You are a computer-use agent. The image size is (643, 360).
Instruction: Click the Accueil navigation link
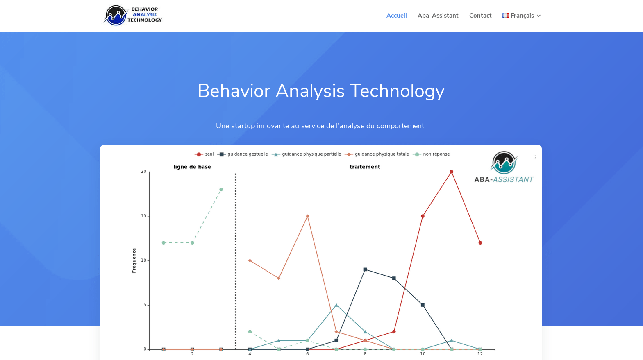(396, 16)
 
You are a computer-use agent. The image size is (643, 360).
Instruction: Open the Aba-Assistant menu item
(438, 16)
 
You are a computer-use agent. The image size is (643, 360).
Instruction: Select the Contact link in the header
(480, 16)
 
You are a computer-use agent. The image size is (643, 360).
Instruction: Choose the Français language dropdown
(522, 16)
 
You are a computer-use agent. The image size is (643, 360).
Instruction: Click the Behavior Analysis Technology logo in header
(133, 16)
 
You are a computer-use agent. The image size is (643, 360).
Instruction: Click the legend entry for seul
(204, 154)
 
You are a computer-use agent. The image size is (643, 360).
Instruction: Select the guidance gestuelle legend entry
(243, 154)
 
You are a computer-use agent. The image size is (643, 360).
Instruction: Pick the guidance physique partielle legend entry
(306, 154)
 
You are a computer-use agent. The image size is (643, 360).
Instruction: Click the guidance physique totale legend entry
(377, 154)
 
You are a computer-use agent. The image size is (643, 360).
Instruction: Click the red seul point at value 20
(451, 172)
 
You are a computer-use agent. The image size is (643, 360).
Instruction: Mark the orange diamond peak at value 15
(307, 216)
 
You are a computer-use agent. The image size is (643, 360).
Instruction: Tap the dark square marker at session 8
(365, 269)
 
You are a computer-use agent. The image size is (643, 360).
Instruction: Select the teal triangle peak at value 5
(336, 305)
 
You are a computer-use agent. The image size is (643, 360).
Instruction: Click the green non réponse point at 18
(221, 190)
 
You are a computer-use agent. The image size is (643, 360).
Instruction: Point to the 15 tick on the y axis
(143, 216)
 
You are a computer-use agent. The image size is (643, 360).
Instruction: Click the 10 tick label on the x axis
(423, 354)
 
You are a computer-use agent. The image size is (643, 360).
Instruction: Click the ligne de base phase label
(192, 167)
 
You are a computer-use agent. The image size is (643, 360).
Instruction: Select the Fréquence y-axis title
(134, 260)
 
